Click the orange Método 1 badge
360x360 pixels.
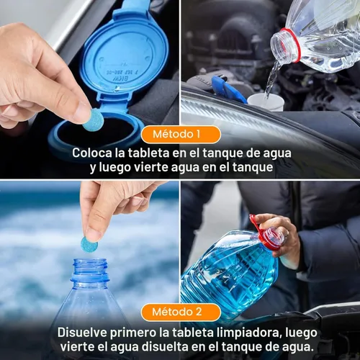point(180,134)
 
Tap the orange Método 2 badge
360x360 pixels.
point(180,312)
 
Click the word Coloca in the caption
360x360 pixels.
point(92,153)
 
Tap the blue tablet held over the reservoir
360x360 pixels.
point(93,120)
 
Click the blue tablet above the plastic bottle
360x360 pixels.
point(89,244)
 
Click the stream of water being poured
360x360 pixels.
point(271,79)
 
